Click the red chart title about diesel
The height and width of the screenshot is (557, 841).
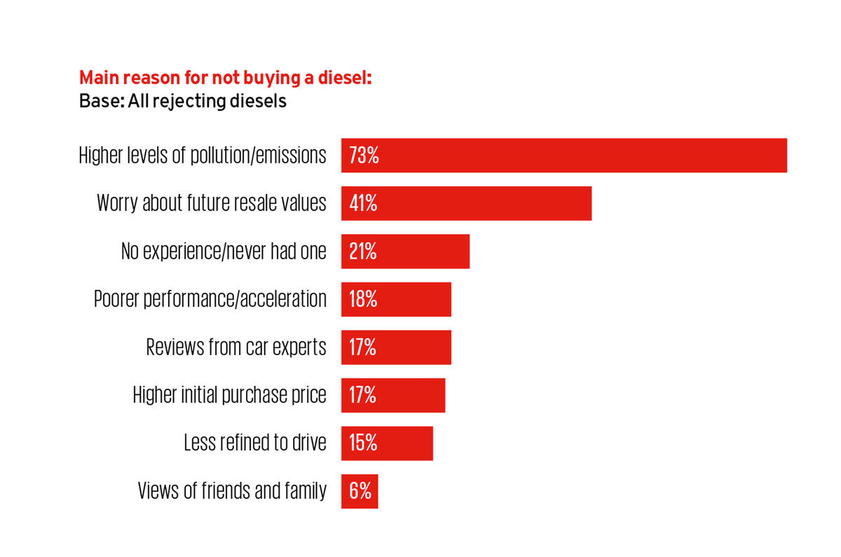pos(225,78)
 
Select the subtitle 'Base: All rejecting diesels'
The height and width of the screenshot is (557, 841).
pos(183,101)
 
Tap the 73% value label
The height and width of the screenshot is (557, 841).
pos(364,156)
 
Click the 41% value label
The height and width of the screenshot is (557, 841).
pos(363,203)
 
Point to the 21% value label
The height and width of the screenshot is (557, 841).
pos(363,252)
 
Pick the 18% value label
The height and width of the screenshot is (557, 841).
pos(363,299)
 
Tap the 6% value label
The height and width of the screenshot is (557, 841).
pos(360,491)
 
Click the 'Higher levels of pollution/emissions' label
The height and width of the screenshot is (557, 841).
pos(203,156)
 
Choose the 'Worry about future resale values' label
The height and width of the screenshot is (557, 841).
pos(212,203)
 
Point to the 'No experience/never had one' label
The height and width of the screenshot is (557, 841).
pos(224,252)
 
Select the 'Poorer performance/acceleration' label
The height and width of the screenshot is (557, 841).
pos(210,299)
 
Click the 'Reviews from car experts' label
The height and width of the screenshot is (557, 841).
pos(236,348)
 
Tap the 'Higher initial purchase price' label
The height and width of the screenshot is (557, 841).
pos(230,395)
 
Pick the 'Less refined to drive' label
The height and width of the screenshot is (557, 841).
pos(255,443)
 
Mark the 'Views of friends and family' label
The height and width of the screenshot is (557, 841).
pos(232,491)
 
